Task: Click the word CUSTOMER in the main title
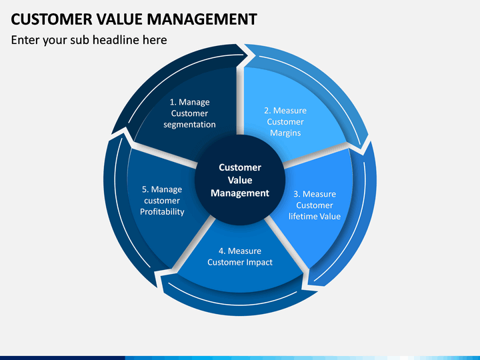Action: point(51,19)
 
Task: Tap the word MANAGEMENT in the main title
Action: point(202,19)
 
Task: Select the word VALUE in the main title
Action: point(120,19)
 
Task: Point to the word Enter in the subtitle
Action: point(25,40)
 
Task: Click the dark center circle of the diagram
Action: point(240,180)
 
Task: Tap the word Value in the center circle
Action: point(240,180)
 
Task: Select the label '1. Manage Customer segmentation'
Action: point(189,113)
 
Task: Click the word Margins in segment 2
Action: point(285,133)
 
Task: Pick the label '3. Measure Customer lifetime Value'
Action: point(315,205)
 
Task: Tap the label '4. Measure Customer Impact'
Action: point(240,257)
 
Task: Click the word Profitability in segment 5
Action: point(162,212)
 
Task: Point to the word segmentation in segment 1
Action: point(189,125)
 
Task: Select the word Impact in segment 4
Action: point(261,263)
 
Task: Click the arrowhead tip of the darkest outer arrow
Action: point(247,55)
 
